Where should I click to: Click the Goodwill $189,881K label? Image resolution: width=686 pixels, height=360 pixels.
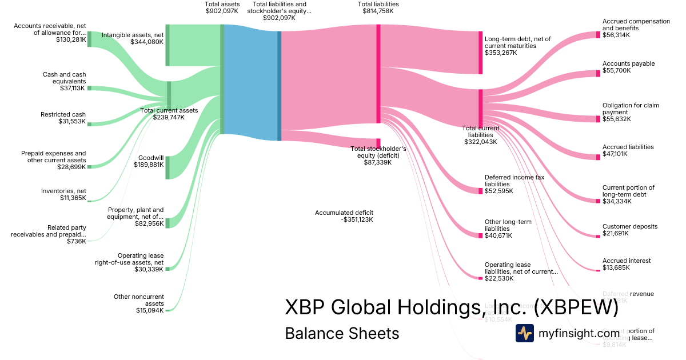pos(150,162)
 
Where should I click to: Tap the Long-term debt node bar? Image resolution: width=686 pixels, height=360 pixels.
pos(481,53)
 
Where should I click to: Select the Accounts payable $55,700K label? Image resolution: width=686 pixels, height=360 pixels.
pos(628,67)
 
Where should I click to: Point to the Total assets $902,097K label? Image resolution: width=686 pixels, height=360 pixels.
pos(222,7)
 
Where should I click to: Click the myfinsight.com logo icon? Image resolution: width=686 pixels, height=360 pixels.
pos(524,333)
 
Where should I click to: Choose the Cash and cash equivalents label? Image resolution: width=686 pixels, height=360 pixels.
pos(64,81)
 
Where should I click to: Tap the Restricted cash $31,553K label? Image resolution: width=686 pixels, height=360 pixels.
pos(63,118)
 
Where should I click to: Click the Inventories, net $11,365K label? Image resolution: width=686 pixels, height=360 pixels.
pos(63,195)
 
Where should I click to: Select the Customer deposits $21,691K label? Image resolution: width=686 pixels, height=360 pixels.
pos(629,230)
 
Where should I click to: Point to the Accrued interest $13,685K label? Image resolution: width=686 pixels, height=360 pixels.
pos(626,264)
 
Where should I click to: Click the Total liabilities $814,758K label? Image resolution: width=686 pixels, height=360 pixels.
pos(378,7)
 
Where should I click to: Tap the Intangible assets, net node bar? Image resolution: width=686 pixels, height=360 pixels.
pos(167,45)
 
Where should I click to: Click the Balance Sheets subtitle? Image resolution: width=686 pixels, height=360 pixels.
pos(342,333)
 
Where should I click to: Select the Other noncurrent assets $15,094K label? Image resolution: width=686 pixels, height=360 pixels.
pos(139,303)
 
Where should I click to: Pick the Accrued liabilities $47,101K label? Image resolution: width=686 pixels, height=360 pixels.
pos(628,150)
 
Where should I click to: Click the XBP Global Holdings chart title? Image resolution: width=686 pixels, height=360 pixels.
pos(452,307)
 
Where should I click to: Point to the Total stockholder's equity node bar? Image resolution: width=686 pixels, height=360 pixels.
pos(378,143)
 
